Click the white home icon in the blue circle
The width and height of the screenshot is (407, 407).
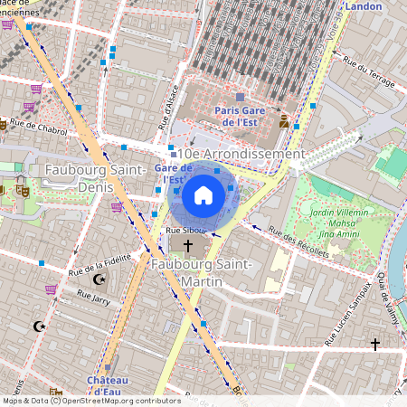(203, 195)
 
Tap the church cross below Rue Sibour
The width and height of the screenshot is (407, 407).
(189, 246)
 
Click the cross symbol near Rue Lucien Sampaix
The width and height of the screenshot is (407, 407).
(374, 344)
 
